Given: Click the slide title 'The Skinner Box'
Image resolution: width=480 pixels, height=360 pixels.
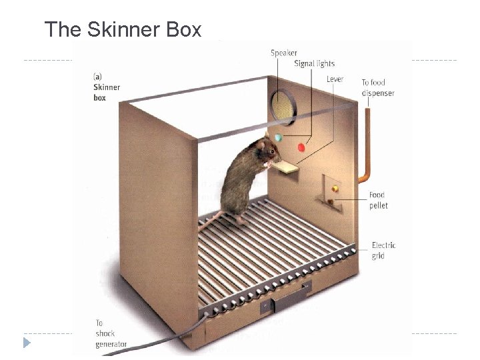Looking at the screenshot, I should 123,29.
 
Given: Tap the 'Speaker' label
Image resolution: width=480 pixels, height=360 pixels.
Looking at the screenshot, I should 284,53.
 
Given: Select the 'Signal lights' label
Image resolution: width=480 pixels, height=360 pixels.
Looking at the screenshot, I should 314,64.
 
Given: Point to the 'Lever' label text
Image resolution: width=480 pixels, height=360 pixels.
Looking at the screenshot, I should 335,79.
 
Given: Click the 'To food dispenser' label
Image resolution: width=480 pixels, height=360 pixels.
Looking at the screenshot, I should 377,88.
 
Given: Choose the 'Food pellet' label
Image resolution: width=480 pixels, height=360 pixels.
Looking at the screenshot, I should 379,201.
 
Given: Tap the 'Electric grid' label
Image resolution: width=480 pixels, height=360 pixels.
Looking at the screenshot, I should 383,251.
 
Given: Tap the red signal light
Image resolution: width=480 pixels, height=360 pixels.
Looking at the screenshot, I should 301,147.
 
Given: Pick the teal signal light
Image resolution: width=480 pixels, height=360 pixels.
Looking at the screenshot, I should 279,138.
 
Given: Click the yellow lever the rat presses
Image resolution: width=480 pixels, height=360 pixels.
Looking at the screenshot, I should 289,167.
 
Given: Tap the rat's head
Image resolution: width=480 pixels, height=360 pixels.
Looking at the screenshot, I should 265,151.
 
